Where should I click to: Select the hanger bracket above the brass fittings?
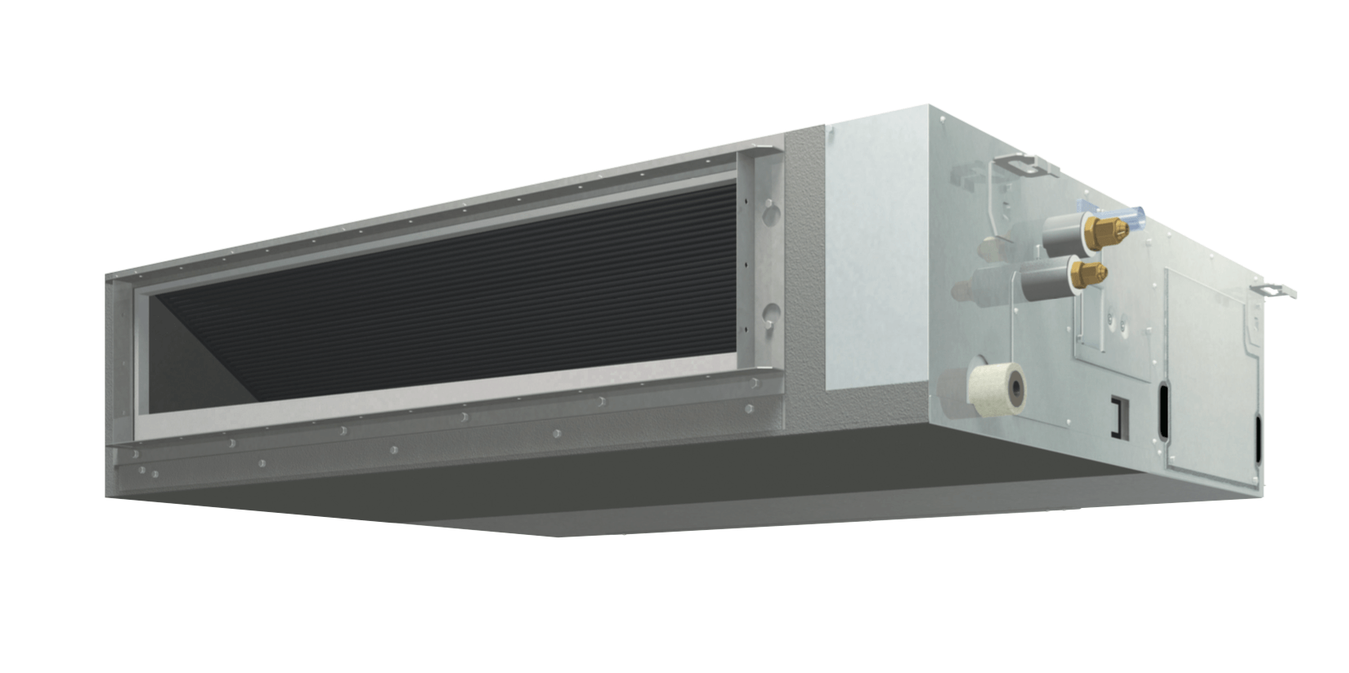point(1027,167)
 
